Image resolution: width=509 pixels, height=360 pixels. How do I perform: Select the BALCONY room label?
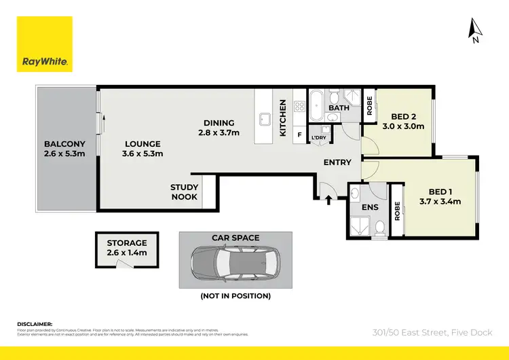coord(64,149)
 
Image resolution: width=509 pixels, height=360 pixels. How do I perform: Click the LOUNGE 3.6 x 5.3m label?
coord(143,149)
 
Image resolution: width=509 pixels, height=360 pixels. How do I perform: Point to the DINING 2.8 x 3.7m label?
coord(219,128)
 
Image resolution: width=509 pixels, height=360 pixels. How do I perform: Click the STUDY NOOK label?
coord(184,192)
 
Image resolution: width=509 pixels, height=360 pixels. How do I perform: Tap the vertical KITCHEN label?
coord(283,118)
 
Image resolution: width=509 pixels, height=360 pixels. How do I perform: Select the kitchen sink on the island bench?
coord(264,121)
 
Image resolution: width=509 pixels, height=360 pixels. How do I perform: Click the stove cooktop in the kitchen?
coord(299,106)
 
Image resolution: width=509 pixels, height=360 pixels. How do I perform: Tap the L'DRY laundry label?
coord(319,138)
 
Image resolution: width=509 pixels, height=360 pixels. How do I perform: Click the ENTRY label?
coord(337,162)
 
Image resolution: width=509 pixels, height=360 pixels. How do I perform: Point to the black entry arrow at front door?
coord(328,200)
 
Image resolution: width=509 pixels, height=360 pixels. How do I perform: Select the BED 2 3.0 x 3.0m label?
coord(403,121)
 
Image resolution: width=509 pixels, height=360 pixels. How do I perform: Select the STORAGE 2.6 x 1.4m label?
coord(126,247)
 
